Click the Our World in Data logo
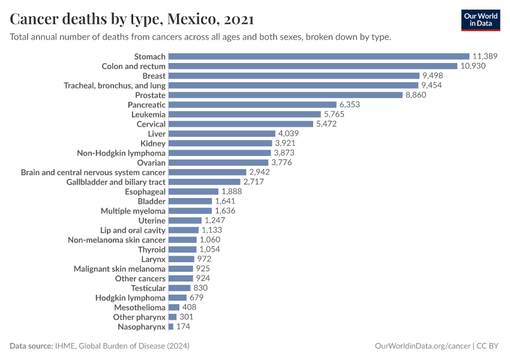click(x=480, y=20)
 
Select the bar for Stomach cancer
click(x=319, y=56)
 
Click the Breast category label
click(x=154, y=76)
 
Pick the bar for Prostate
click(x=286, y=95)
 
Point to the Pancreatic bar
click(x=253, y=104)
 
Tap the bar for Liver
click(x=222, y=133)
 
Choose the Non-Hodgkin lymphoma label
click(x=121, y=153)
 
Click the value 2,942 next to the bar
click(x=259, y=172)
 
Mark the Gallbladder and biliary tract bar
click(x=205, y=182)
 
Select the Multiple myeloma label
click(x=133, y=211)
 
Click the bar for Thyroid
click(x=182, y=249)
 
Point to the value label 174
click(x=183, y=326)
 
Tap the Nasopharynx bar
click(x=171, y=326)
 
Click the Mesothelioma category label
click(x=139, y=307)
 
